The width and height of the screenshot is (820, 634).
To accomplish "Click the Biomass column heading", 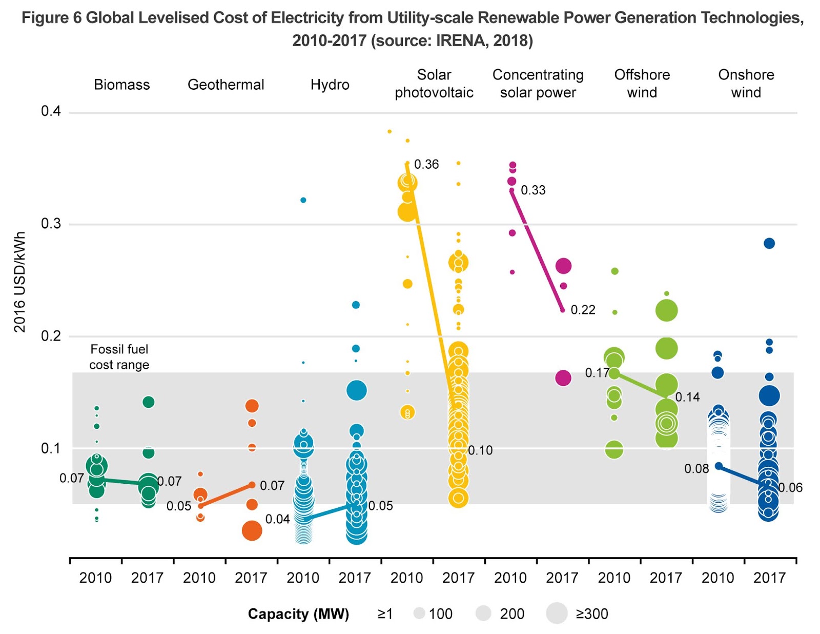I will point(121,85).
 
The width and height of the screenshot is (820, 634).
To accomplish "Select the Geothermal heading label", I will point(225,85).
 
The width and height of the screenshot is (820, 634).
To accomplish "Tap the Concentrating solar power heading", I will point(538,84).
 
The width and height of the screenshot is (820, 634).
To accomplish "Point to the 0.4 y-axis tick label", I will point(51,111).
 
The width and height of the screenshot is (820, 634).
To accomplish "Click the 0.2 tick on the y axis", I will point(51,336).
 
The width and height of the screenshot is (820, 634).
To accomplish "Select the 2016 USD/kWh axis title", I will point(19,282).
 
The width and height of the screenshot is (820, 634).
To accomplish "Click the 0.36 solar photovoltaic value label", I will point(426,164).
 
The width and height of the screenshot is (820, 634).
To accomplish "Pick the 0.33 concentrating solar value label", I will point(533,190).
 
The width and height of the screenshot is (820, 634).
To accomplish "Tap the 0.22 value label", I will point(583,310).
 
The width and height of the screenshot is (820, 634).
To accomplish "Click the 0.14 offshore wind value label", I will point(687,397).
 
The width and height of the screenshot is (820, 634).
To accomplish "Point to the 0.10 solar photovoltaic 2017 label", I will point(480,450).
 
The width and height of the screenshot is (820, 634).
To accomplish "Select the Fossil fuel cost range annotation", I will point(119,357).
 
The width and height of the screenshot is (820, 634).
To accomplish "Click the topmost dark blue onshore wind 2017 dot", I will point(769,244).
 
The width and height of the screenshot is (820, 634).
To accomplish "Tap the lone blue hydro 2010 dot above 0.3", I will point(303,200).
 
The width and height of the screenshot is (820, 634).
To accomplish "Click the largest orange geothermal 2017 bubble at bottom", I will point(252,530).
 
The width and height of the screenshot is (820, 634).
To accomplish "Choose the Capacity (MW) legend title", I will point(298,614).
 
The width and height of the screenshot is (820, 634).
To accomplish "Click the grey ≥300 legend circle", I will point(557,613).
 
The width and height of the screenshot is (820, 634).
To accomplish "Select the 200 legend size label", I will point(512,614).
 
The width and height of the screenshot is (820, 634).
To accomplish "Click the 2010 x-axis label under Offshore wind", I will point(614,578).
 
